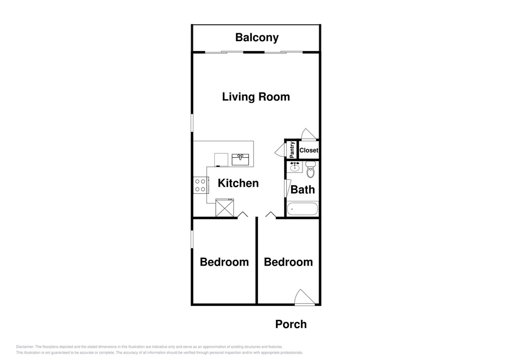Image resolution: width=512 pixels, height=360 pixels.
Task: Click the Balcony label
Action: (x=256, y=37)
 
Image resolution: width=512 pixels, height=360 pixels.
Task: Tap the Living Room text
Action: (x=256, y=97)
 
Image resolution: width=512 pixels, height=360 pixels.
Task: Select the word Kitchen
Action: (x=238, y=183)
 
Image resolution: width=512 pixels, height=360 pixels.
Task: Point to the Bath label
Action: (x=302, y=189)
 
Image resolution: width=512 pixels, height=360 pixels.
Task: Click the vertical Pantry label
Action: (x=292, y=150)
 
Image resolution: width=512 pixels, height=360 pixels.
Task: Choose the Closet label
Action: (x=309, y=150)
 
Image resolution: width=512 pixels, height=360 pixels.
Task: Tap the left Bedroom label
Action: (x=224, y=262)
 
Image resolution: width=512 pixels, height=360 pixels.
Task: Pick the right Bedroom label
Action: (x=288, y=262)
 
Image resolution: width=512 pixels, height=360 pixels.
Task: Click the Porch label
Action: (x=291, y=324)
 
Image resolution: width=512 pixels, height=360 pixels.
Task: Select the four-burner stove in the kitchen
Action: (x=201, y=185)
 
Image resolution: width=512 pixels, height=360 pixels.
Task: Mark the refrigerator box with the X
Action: (x=225, y=207)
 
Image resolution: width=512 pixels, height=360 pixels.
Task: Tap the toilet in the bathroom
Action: (x=311, y=169)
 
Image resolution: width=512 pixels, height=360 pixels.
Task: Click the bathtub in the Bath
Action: (x=302, y=209)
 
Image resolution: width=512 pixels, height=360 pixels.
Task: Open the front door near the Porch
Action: (x=304, y=298)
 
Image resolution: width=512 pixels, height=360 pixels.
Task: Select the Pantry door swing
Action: (x=280, y=151)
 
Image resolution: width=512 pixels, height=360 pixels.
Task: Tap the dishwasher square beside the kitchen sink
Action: (x=221, y=159)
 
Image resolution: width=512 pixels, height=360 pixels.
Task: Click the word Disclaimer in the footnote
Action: (x=25, y=347)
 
